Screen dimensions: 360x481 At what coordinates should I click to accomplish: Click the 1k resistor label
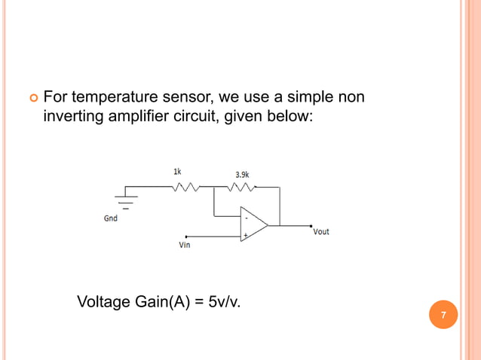[x=177, y=172]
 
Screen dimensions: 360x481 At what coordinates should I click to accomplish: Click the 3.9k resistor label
[x=243, y=175]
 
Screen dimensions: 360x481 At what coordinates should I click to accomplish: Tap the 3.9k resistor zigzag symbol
[x=242, y=188]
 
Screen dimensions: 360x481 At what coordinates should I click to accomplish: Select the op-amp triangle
[x=253, y=224]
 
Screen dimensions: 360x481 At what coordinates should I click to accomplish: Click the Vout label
[x=321, y=232]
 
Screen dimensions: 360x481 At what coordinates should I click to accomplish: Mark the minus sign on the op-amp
[x=246, y=218]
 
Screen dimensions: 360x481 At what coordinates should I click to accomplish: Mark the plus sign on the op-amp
[x=244, y=235]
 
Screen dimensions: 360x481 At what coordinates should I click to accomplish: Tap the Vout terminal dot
[x=311, y=224]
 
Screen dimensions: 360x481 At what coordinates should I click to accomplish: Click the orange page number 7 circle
[x=443, y=315]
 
